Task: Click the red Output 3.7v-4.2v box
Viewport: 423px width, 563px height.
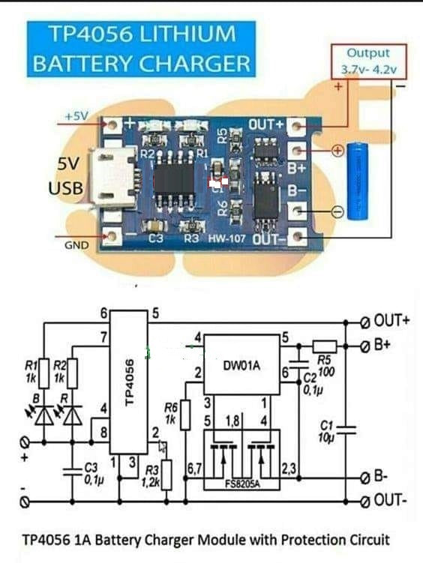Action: coord(369,61)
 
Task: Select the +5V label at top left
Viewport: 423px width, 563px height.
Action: coord(76,117)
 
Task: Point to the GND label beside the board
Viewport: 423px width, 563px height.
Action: coord(76,245)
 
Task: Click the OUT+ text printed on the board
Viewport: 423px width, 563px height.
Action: coord(267,124)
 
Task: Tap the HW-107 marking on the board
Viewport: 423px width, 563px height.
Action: coord(226,239)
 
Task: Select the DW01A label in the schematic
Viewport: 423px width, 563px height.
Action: coord(241,367)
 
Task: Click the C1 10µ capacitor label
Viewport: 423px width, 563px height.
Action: coord(325,432)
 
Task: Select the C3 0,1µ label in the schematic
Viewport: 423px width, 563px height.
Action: coord(91,472)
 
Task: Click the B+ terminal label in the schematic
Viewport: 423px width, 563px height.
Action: coord(385,345)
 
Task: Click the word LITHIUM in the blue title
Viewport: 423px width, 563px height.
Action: coord(187,34)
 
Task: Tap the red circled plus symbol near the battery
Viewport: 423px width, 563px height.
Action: coord(337,151)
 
